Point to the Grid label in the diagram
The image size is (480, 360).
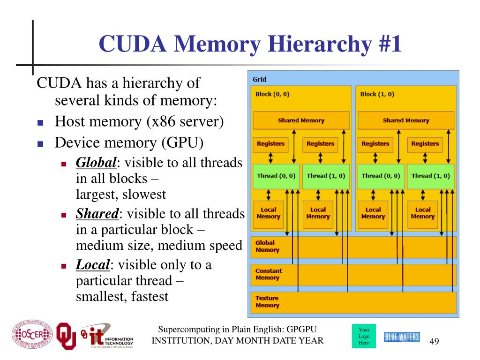click(x=259, y=80)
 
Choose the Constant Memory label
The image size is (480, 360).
click(x=269, y=274)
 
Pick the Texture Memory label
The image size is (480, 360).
click(x=267, y=301)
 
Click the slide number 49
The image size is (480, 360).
click(x=434, y=340)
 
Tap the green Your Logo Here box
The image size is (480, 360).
click(x=363, y=336)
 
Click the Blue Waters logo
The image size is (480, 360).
click(x=402, y=337)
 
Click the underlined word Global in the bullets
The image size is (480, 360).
click(x=96, y=163)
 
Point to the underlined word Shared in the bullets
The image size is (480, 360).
click(x=97, y=214)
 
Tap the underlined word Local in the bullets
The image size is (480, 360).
click(x=93, y=265)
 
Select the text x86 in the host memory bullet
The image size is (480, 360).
click(x=160, y=122)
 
